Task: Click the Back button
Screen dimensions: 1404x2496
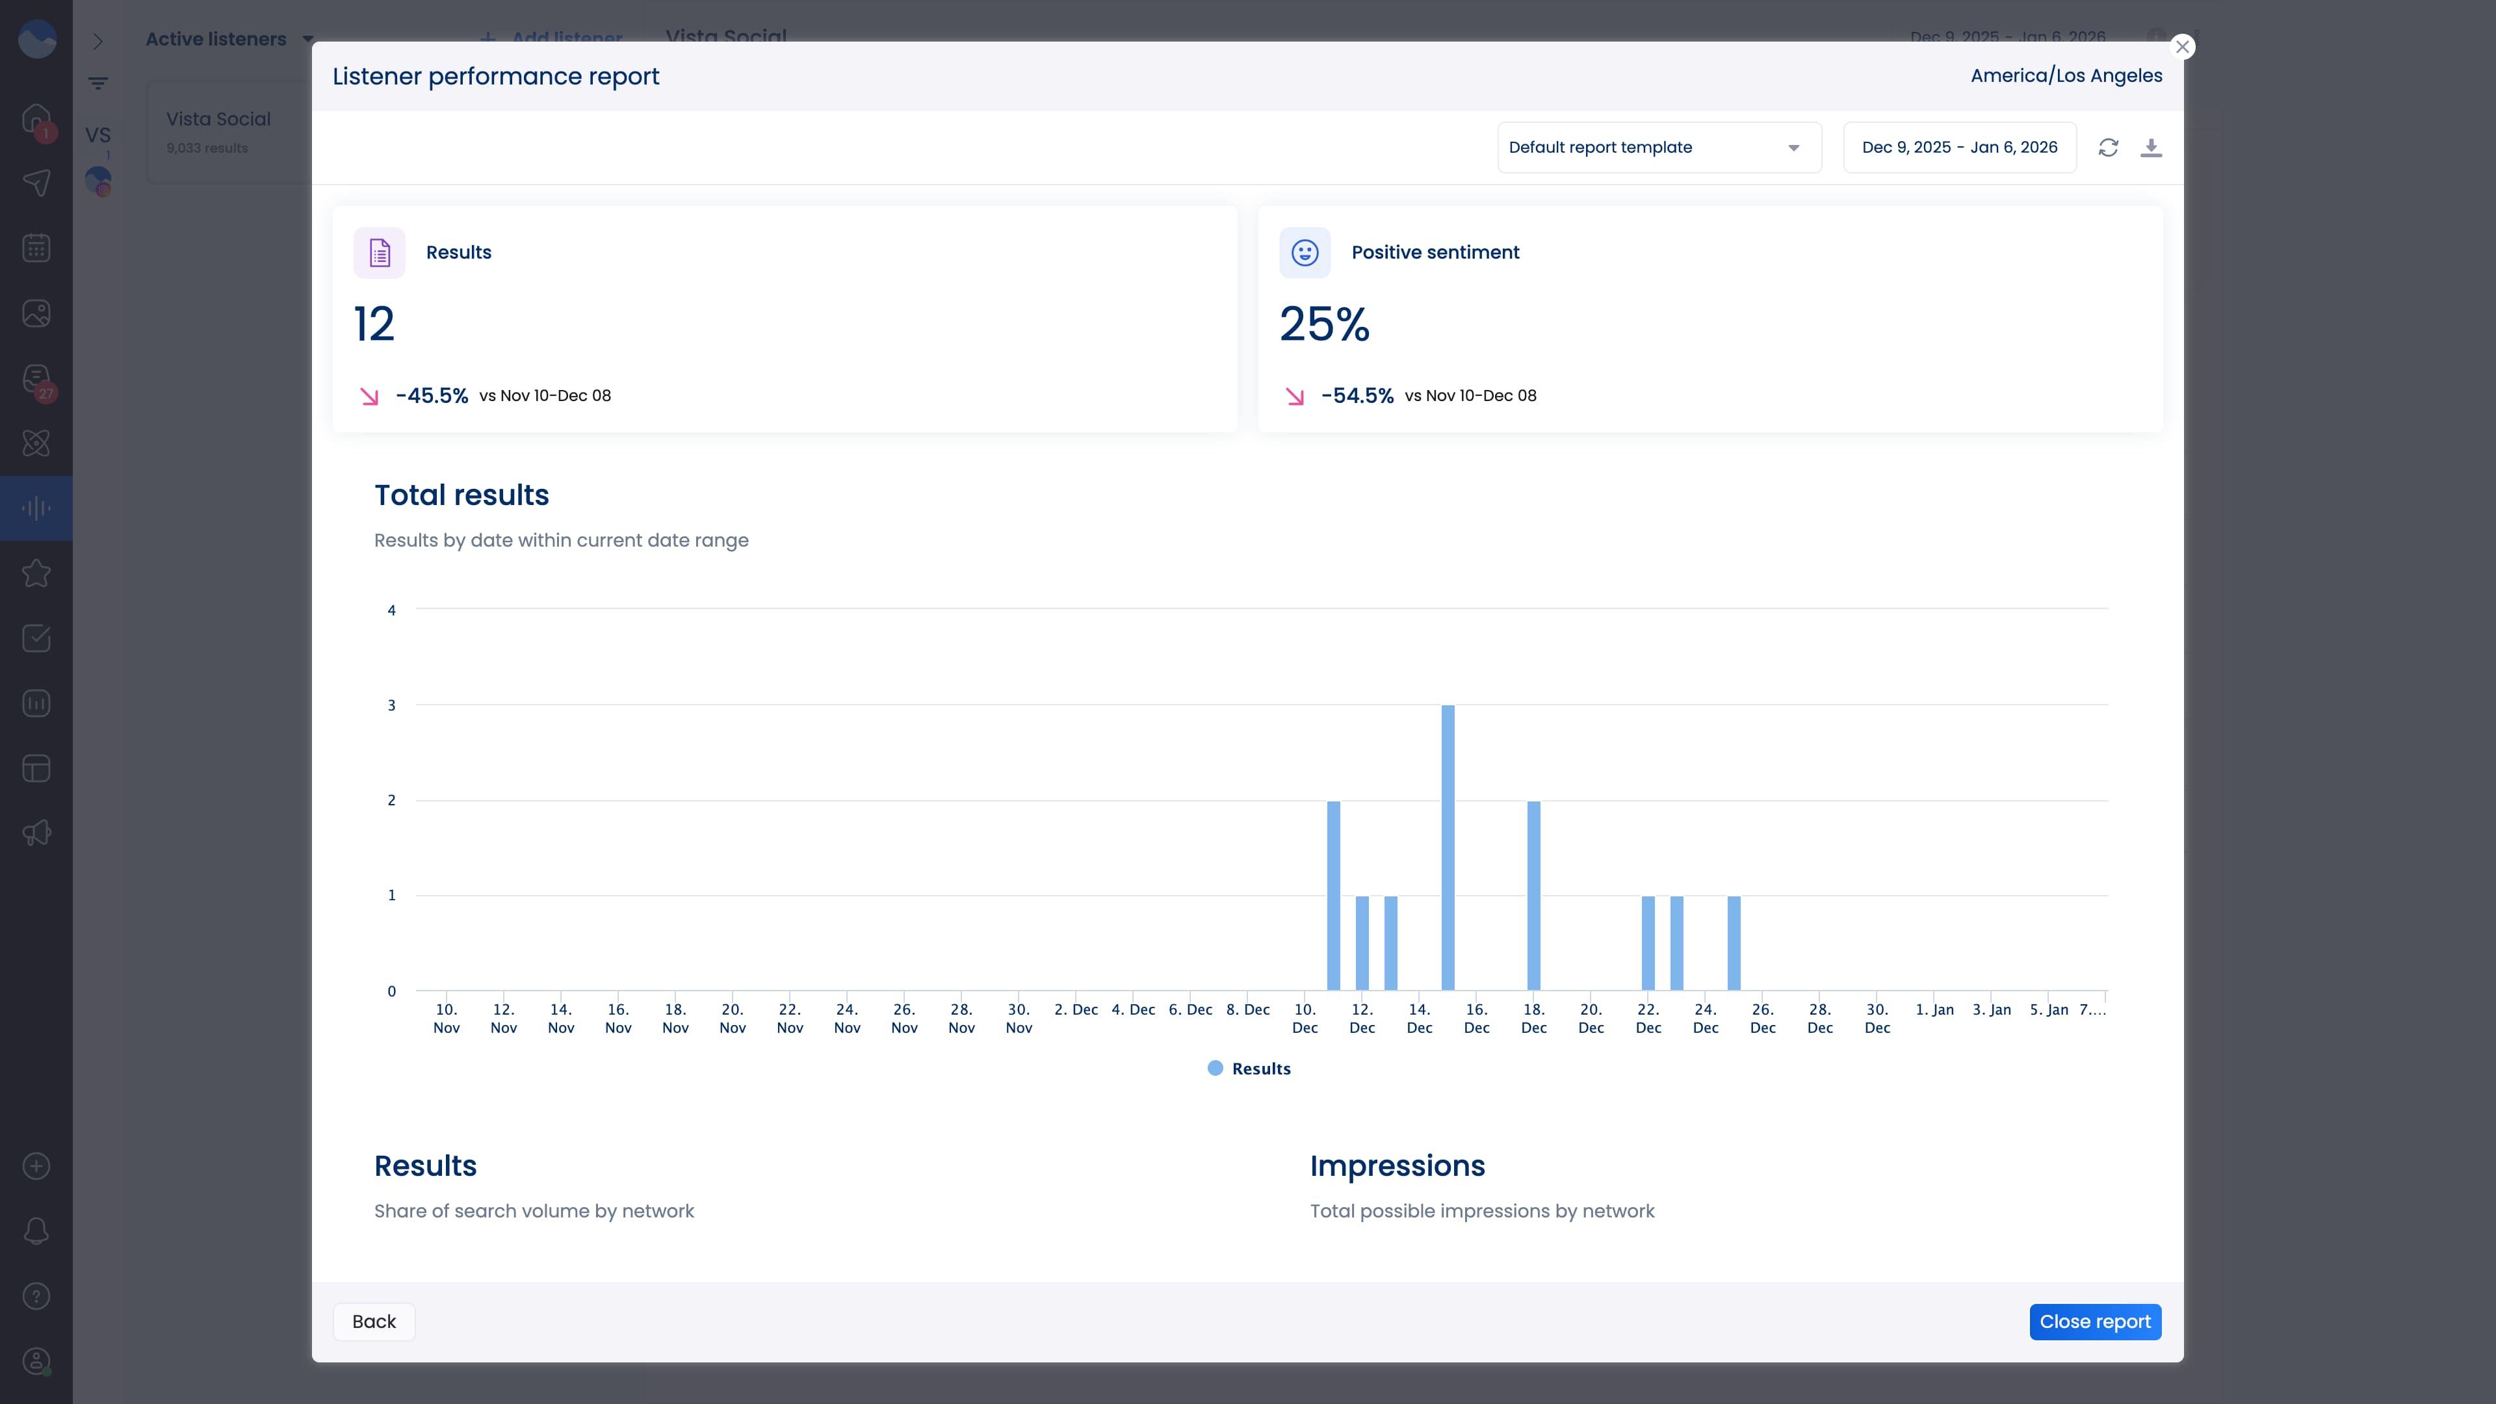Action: [374, 1321]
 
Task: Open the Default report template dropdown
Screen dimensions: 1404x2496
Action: [1658, 148]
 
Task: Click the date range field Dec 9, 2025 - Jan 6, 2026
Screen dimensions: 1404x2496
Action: [1958, 148]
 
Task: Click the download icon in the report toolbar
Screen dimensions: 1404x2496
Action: [2150, 148]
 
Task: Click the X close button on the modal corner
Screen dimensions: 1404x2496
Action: [2181, 47]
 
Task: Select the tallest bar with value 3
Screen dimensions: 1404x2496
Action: [1448, 847]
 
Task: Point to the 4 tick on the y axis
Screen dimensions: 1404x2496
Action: [391, 610]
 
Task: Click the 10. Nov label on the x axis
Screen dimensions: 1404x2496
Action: [446, 1019]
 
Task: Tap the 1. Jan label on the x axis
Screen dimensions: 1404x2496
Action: [1934, 1009]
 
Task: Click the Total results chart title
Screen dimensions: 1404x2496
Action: [461, 495]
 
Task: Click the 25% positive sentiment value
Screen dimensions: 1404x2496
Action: [1323, 324]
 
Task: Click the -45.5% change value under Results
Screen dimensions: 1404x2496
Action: [431, 395]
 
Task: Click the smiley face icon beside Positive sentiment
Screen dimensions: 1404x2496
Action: [1304, 253]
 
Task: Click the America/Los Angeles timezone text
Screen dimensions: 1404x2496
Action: [2066, 75]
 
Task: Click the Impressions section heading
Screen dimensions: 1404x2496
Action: [1396, 1165]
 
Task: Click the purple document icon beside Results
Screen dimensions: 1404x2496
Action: [379, 253]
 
